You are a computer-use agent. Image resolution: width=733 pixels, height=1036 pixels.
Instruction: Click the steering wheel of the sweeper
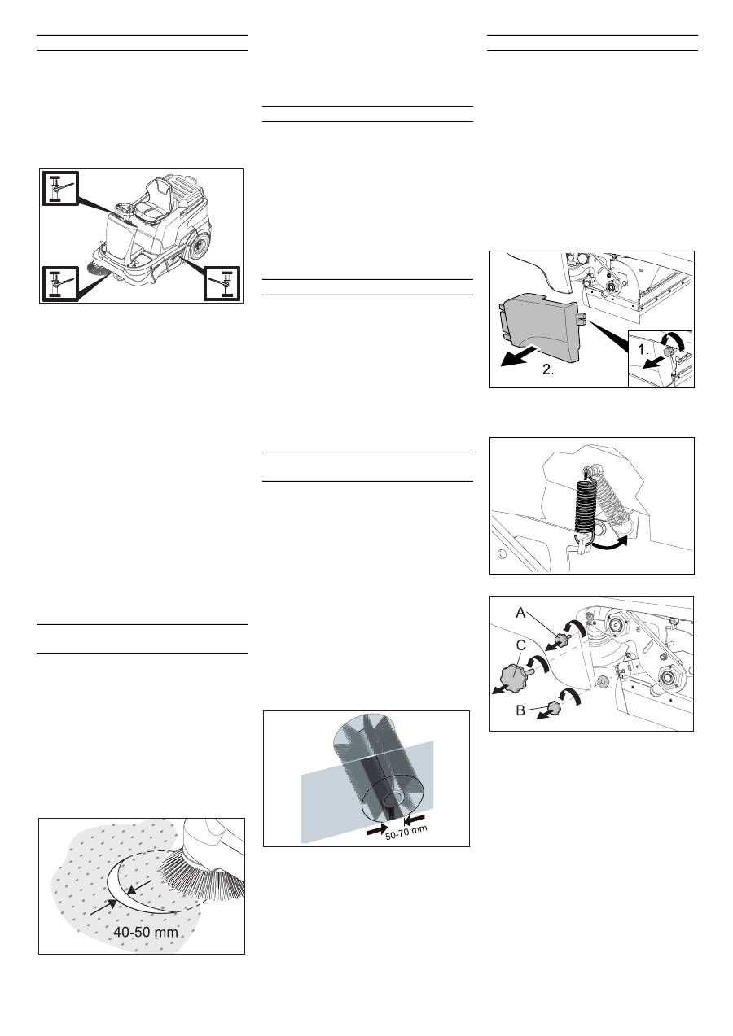click(x=125, y=211)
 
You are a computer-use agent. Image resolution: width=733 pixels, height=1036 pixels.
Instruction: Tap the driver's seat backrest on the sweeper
click(x=157, y=189)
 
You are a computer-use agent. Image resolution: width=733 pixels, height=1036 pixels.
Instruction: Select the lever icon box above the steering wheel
click(x=59, y=188)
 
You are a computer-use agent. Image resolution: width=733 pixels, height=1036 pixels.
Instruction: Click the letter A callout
click(x=520, y=614)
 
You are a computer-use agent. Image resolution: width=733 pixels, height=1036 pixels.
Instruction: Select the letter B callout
click(x=520, y=710)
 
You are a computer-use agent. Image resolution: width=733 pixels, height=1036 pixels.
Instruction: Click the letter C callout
click(x=520, y=645)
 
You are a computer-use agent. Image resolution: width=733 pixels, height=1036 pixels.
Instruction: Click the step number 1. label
click(x=643, y=350)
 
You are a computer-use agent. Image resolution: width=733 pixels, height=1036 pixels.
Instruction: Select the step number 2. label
click(x=548, y=369)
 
